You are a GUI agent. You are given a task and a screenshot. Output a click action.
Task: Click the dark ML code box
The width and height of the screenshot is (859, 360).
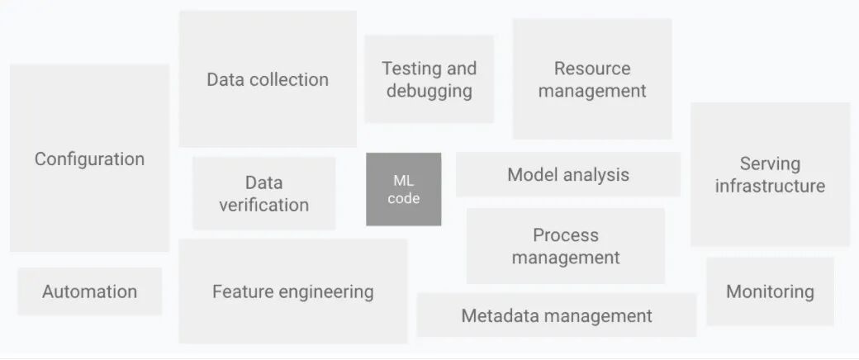pos(403,189)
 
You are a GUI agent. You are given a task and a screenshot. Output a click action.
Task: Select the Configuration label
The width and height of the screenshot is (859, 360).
pos(89,159)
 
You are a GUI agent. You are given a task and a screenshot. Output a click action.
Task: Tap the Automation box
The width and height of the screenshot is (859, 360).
pos(89,291)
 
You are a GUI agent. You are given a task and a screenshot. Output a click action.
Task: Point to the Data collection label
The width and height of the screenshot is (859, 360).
pos(268,79)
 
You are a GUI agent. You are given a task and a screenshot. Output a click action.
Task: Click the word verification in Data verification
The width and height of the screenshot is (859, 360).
pos(263,205)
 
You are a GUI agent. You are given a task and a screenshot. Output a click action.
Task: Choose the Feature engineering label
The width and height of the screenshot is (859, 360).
pos(292,291)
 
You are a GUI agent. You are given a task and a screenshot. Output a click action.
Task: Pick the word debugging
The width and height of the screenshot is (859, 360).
pos(429,91)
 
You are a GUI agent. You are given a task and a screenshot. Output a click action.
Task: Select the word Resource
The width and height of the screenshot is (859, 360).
pos(592,69)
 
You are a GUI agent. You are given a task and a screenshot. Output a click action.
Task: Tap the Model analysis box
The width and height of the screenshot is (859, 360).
pos(568,174)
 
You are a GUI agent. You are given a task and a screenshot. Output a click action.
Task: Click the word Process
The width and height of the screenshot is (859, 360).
pos(566,235)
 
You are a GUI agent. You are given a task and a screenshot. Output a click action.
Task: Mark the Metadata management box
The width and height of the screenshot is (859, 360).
pos(557,315)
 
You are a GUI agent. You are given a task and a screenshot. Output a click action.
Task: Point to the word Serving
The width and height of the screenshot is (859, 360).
pos(770,163)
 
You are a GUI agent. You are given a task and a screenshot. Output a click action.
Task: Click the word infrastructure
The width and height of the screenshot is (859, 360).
pos(770,186)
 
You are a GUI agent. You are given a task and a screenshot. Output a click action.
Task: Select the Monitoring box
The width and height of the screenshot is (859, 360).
pos(770,291)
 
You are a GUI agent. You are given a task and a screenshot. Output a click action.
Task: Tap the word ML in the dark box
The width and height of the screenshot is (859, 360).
pos(403,180)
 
